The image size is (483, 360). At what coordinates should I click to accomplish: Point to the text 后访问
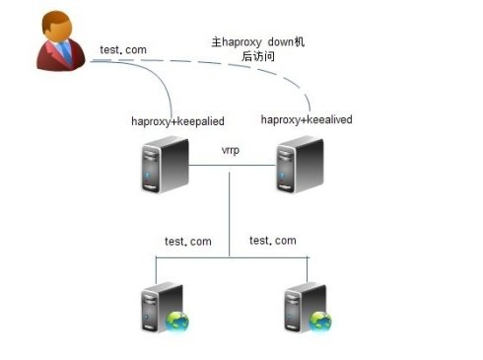(x=258, y=57)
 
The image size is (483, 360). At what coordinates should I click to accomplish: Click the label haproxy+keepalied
(x=178, y=121)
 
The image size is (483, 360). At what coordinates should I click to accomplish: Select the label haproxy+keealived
(x=307, y=119)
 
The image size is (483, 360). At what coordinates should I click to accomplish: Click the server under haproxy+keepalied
(x=161, y=166)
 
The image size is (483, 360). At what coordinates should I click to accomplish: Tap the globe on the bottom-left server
(x=177, y=322)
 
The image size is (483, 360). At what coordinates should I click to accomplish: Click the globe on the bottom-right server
(x=319, y=321)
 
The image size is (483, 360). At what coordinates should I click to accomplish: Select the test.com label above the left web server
(x=187, y=242)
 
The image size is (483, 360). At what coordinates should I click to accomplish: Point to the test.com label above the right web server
(x=272, y=241)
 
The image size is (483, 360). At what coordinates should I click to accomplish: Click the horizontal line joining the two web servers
(x=230, y=256)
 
